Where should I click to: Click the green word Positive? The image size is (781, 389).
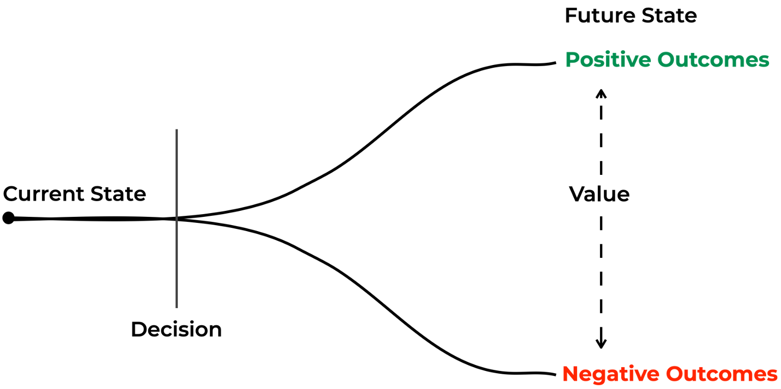pyautogui.click(x=607, y=60)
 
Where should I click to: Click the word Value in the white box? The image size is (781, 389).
pyautogui.click(x=599, y=194)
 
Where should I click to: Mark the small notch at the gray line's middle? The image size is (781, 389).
pyautogui.click(x=177, y=218)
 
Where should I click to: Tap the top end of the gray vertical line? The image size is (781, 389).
pyautogui.click(x=177, y=131)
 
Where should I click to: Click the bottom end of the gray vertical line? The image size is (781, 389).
pyautogui.click(x=177, y=307)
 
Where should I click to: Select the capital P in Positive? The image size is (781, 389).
pyautogui.click(x=571, y=60)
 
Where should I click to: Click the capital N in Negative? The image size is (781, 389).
pyautogui.click(x=570, y=374)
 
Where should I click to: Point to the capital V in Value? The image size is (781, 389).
pyautogui.click(x=577, y=194)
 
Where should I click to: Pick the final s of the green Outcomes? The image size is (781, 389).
pyautogui.click(x=765, y=61)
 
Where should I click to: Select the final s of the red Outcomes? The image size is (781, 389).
pyautogui.click(x=772, y=375)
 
